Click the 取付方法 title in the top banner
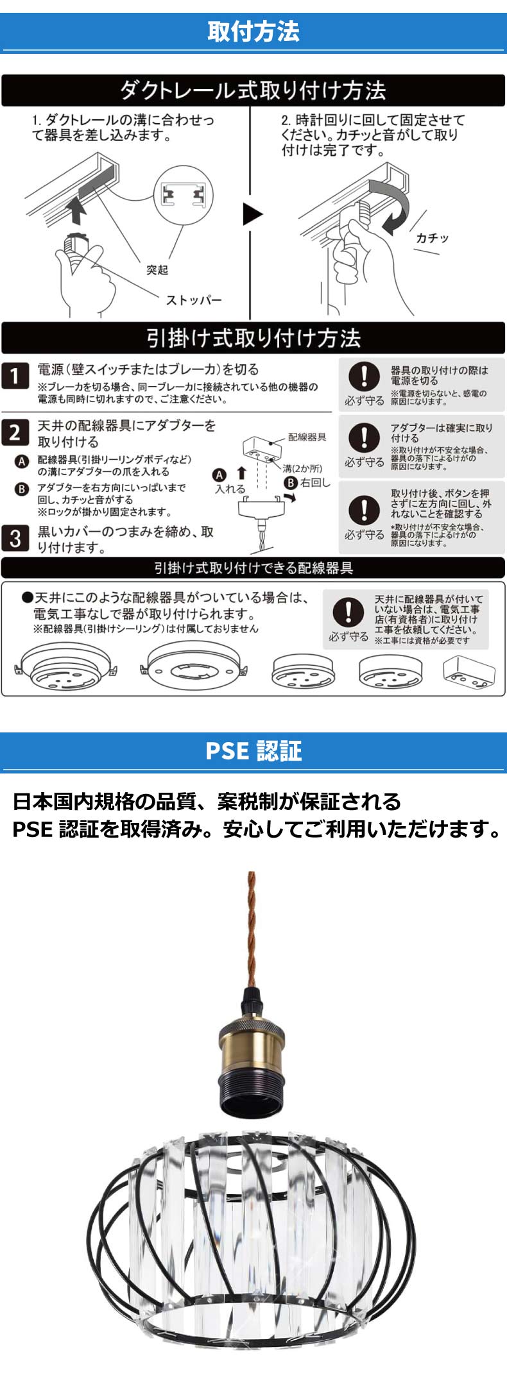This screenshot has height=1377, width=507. pos(253,31)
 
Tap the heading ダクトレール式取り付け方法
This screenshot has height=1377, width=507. pos(253,90)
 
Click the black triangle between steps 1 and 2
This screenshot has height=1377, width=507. pos(252,214)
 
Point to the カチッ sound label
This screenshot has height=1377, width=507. pos(432,238)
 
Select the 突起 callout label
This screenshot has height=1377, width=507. pos(157,270)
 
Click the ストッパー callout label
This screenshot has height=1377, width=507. pos(194,300)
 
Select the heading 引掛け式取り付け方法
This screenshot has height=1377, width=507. pos(253,338)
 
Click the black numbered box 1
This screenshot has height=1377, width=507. pos(15,376)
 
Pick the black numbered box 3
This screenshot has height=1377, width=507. pos(15,537)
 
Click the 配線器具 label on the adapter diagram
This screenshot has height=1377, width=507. pos(307,437)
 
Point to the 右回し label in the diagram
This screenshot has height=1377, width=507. pos(314,482)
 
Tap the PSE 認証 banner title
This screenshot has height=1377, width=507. pos(253,751)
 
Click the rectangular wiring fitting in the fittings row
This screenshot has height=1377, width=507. pos(468,671)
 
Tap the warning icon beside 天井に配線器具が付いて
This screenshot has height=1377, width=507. pos(348,612)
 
